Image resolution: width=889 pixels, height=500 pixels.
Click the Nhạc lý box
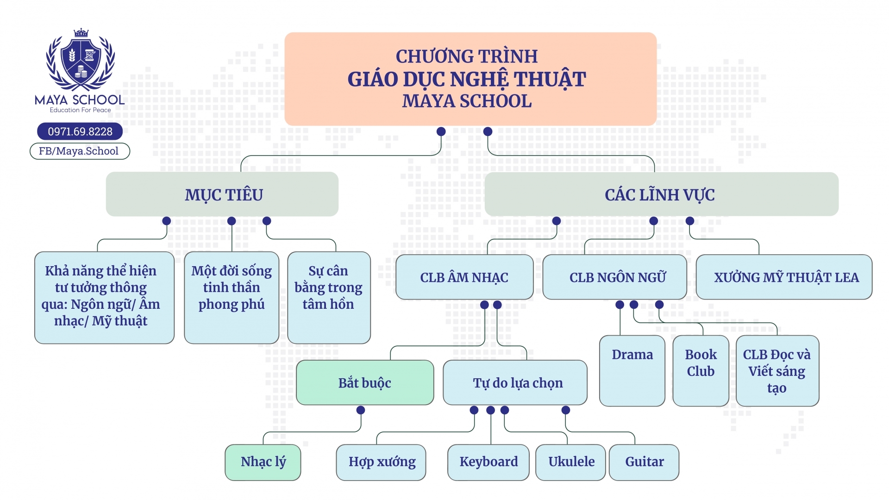pos(263,462)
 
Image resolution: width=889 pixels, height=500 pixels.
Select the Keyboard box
pos(488,462)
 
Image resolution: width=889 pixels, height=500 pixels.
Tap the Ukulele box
pos(570,462)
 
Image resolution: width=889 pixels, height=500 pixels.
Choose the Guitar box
pos(644,462)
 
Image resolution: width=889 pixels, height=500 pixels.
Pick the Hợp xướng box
pos(381,462)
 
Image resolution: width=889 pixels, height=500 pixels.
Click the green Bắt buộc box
pos(364,383)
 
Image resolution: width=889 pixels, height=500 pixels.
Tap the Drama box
pos(632,370)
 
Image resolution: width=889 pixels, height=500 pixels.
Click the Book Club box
pos(701,370)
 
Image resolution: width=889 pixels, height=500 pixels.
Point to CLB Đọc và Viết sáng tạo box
pos(777,370)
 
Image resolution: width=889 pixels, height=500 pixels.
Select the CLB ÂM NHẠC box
pos(464,277)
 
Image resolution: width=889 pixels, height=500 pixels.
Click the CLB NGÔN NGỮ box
pos(614,277)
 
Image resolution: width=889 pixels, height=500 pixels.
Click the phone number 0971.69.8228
pos(80,131)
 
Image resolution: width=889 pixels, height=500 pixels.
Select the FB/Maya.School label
pos(80,151)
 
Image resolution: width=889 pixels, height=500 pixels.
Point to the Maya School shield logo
pos(81,62)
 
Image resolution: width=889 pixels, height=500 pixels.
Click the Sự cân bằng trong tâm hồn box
pos(329,297)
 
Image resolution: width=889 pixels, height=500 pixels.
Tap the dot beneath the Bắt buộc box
pos(361,410)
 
